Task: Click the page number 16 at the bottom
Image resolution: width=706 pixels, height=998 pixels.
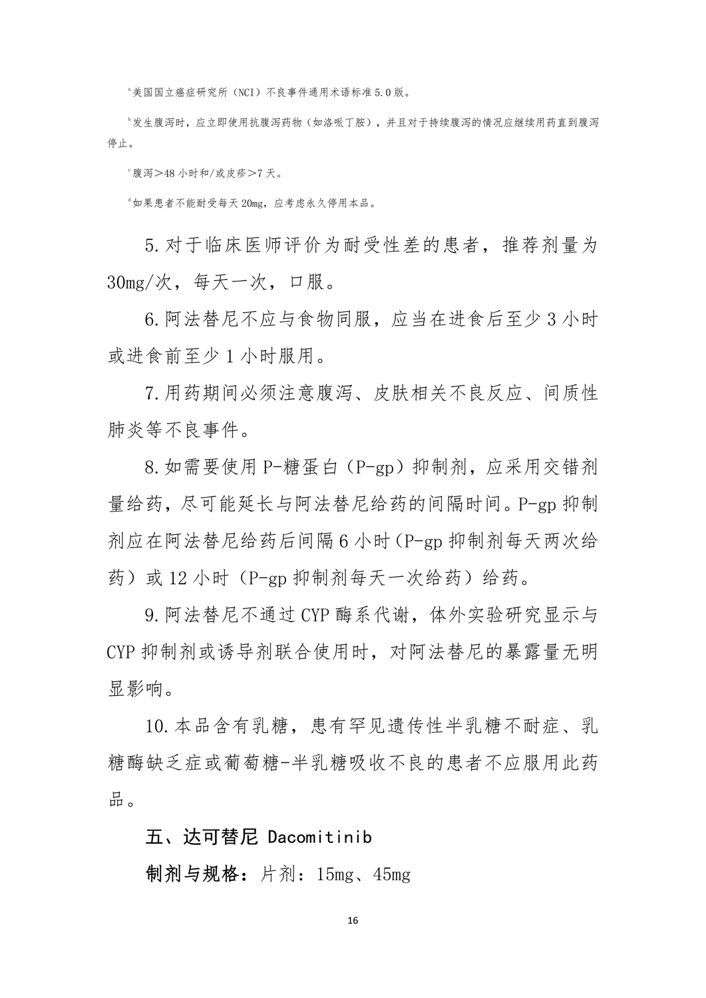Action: tap(353, 921)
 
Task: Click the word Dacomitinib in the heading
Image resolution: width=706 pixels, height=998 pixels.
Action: tap(319, 836)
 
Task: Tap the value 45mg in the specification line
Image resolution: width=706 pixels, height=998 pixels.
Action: tap(392, 874)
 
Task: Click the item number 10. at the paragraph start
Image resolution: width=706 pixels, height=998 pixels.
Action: tap(158, 726)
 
